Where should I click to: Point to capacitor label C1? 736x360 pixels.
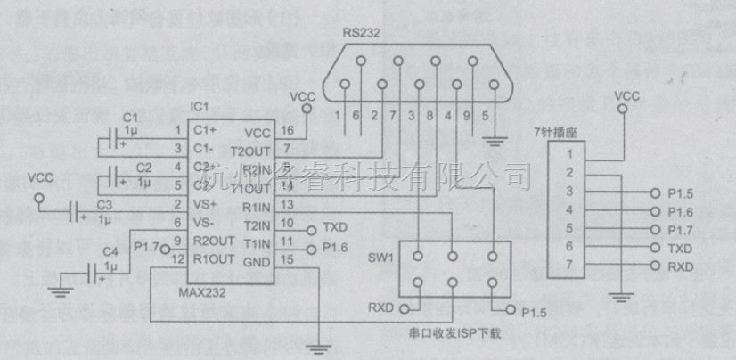click(x=131, y=119)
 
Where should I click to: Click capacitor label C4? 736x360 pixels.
click(x=110, y=252)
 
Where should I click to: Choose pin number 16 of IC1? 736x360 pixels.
click(x=286, y=131)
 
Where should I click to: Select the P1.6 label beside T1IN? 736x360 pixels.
click(x=335, y=246)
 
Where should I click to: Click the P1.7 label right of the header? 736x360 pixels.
click(x=681, y=229)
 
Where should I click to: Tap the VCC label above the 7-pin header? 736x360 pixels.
click(x=627, y=94)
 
